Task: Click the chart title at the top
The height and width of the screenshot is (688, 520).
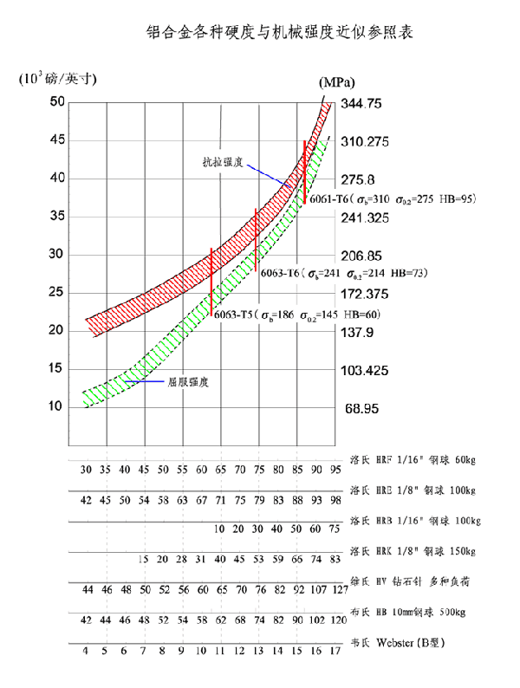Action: [280, 33]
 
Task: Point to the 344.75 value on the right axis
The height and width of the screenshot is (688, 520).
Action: [362, 104]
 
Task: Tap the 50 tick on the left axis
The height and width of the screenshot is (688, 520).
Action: [57, 102]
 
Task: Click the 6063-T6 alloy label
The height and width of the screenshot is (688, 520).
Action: [280, 272]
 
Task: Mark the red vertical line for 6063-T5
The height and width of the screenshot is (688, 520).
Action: [211, 282]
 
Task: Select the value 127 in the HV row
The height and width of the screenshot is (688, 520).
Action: [339, 590]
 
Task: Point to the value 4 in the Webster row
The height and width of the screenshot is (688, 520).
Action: [86, 650]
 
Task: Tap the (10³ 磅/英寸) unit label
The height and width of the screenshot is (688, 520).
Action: [58, 79]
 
